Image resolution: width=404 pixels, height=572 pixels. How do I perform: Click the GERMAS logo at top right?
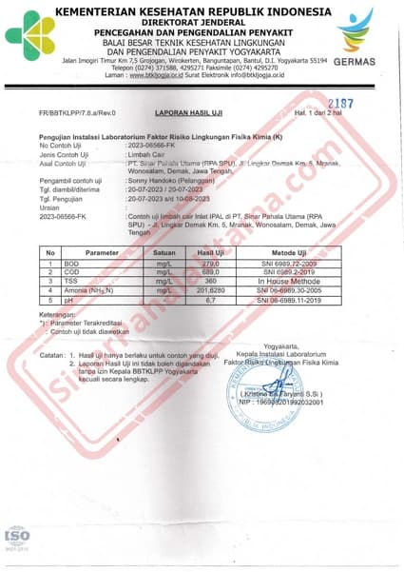(x=356, y=37)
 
